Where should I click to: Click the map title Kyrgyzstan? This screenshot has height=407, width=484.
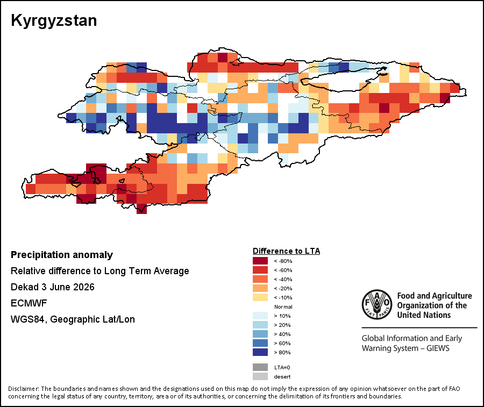[54, 21]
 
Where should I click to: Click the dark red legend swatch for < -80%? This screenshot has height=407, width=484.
[260, 261]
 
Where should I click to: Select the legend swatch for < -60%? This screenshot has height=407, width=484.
[260, 270]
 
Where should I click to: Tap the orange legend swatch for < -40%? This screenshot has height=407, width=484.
[260, 279]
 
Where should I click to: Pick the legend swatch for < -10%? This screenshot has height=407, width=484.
[260, 297]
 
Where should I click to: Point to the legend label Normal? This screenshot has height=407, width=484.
[283, 306]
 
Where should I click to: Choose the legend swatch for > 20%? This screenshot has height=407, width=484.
[260, 325]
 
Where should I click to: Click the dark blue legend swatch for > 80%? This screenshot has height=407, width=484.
[260, 352]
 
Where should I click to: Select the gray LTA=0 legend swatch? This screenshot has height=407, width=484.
[260, 367]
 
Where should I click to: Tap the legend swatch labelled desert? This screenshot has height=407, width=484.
[260, 376]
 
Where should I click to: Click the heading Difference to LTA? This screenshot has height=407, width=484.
[287, 251]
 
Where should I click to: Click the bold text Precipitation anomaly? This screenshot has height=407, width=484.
[62, 255]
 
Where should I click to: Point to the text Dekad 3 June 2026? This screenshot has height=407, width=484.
[53, 287]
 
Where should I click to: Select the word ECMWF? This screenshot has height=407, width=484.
[29, 303]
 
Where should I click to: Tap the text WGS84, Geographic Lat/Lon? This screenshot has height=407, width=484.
[73, 319]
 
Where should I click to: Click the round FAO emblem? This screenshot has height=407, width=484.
[377, 304]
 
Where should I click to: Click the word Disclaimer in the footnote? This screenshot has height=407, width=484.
[23, 389]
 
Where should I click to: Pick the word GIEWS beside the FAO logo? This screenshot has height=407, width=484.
[438, 348]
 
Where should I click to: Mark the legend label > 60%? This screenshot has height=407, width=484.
[282, 344]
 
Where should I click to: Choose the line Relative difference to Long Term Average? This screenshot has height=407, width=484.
[99, 271]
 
